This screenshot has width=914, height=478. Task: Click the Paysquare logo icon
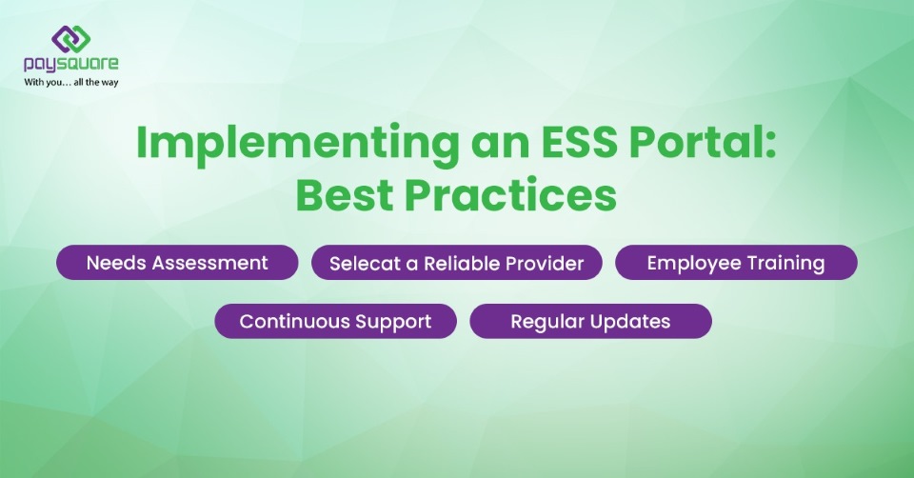click(x=70, y=38)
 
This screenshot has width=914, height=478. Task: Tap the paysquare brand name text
click(x=71, y=65)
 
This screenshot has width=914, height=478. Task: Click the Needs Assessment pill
click(x=177, y=263)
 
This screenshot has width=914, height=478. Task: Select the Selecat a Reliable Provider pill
click(x=456, y=263)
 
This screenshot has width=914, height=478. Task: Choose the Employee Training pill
click(x=735, y=263)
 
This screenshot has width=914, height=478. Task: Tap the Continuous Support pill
click(x=335, y=321)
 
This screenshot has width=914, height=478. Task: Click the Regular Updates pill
click(x=590, y=321)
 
